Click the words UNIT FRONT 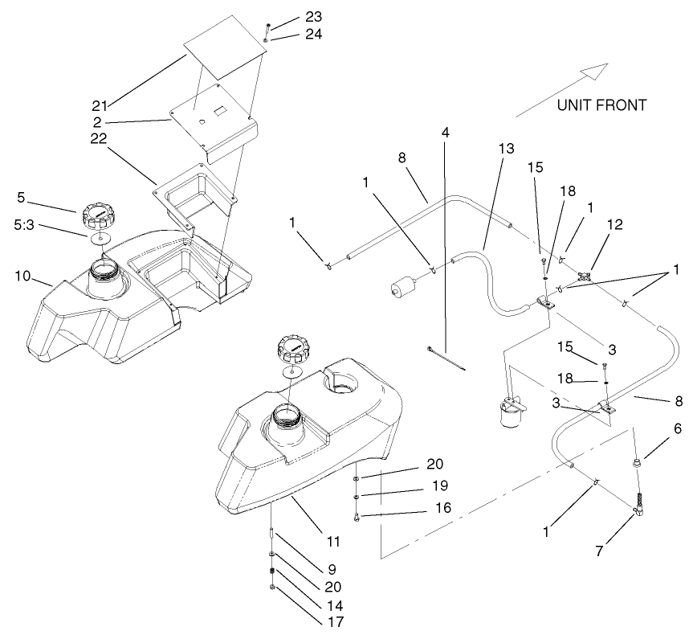click(601, 104)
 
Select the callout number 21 click(100, 104)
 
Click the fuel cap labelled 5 click(100, 217)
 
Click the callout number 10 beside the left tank click(23, 277)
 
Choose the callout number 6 click(678, 429)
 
